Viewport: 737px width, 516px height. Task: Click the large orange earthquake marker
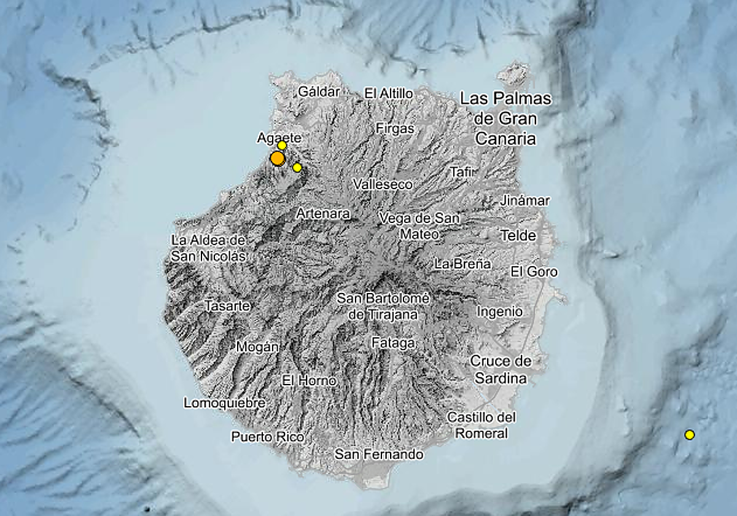click(278, 158)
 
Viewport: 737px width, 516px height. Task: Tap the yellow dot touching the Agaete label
click(282, 146)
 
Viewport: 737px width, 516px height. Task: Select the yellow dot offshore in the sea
click(690, 435)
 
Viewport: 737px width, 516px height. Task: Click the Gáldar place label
click(319, 92)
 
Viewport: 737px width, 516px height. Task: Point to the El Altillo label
click(389, 93)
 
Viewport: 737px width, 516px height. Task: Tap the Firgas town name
click(395, 128)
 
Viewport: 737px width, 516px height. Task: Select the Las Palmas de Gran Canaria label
click(506, 119)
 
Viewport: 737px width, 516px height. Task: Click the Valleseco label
click(383, 184)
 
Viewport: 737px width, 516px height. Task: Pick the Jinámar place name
click(525, 200)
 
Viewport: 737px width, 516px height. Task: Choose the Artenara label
click(322, 214)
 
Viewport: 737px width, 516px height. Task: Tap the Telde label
click(518, 235)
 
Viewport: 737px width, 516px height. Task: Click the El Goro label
click(534, 272)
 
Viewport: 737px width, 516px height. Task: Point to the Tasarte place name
click(227, 306)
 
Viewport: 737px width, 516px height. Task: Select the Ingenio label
click(500, 311)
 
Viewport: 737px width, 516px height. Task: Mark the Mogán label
click(257, 347)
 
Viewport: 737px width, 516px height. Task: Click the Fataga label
click(393, 343)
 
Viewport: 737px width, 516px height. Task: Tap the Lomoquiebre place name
click(225, 403)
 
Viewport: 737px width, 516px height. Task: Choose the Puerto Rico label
click(268, 437)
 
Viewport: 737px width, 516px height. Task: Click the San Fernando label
click(379, 455)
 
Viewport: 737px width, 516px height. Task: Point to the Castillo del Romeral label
click(482, 425)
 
